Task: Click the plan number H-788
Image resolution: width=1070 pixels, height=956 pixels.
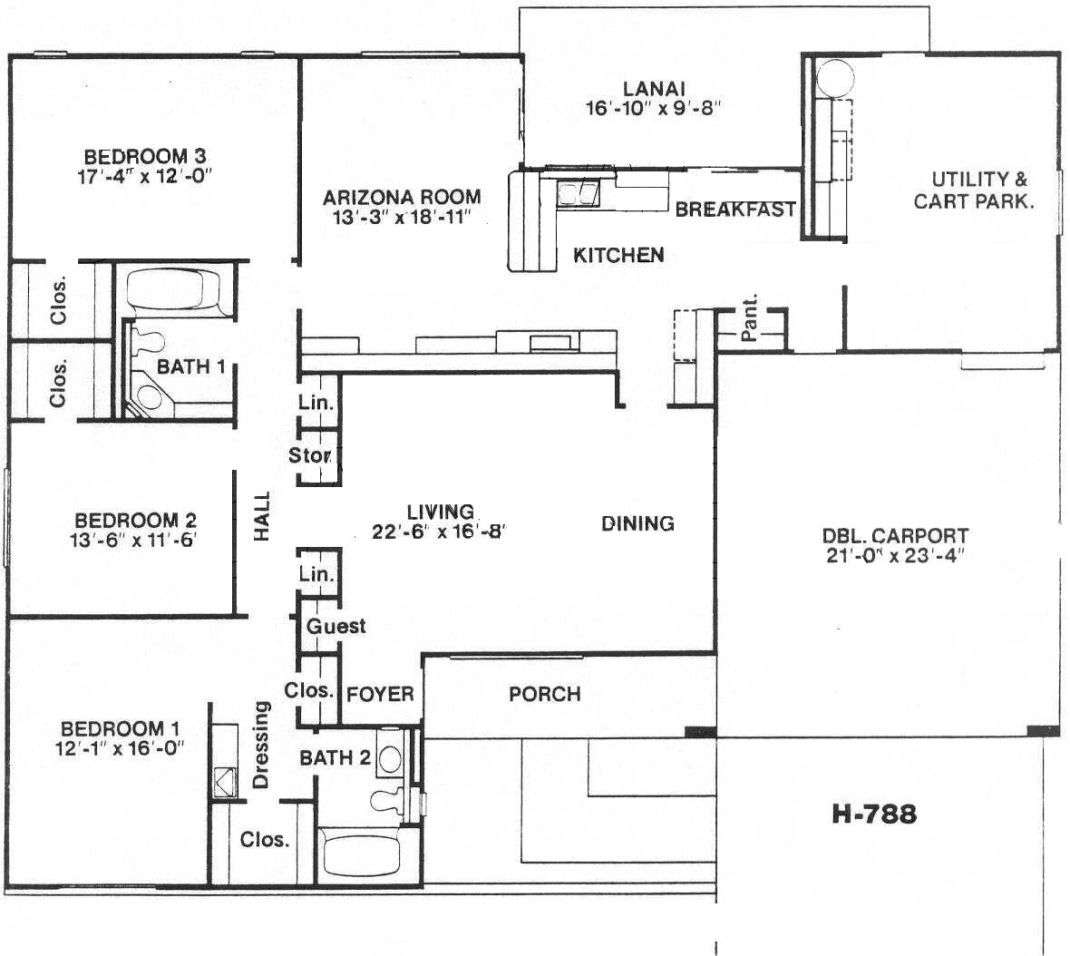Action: click(874, 815)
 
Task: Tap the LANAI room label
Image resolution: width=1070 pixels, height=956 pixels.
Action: click(654, 89)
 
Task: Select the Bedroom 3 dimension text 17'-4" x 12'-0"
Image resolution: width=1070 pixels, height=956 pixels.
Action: click(145, 176)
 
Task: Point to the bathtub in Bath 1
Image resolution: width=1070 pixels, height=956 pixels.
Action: click(174, 290)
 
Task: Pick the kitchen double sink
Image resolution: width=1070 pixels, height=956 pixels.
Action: click(579, 194)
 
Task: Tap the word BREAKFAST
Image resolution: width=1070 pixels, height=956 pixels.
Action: click(735, 210)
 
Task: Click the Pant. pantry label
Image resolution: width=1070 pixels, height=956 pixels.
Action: click(749, 318)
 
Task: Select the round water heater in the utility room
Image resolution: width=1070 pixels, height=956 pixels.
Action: click(834, 78)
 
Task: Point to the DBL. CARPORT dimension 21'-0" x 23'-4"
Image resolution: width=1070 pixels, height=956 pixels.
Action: click(895, 555)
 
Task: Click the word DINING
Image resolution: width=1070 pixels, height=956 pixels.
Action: click(637, 523)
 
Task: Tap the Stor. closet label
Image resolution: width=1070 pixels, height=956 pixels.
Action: click(310, 455)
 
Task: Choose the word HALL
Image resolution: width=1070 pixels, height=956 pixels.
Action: click(262, 517)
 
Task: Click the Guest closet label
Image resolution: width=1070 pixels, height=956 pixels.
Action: click(336, 626)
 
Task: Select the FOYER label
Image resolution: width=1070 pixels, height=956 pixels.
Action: click(380, 695)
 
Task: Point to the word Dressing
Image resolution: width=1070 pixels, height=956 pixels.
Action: click(261, 745)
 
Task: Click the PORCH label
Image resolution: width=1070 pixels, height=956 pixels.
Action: click(545, 694)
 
